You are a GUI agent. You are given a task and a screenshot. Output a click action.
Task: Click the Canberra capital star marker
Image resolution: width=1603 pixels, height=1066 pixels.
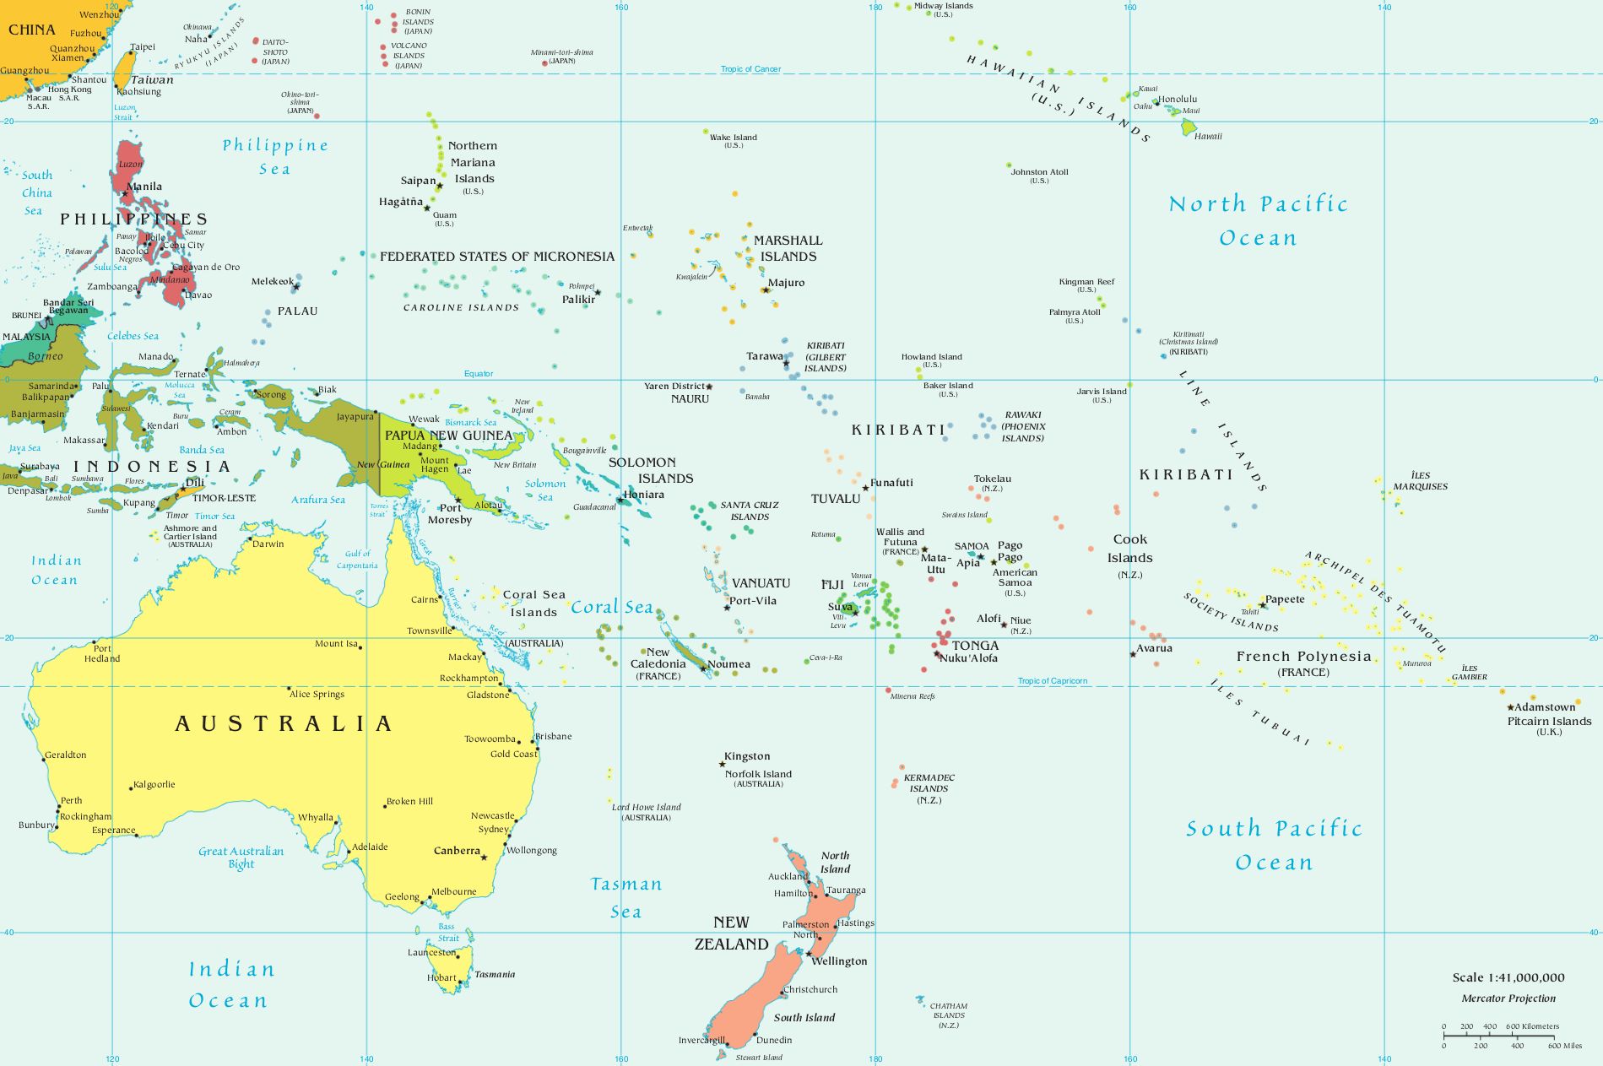[485, 858]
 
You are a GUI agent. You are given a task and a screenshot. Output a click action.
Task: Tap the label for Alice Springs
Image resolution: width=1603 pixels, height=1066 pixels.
[317, 694]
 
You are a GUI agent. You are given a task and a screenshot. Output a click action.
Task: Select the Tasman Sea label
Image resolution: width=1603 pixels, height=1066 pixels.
[625, 897]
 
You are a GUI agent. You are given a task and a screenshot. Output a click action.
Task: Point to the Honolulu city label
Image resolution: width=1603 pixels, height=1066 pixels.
[1178, 99]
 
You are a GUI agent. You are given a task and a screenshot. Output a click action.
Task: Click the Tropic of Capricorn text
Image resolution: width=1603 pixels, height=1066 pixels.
[1052, 680]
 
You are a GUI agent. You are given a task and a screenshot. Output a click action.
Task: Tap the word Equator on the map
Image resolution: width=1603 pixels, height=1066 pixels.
[479, 373]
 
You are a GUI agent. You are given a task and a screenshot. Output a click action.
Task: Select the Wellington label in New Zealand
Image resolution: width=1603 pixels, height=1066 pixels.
[839, 960]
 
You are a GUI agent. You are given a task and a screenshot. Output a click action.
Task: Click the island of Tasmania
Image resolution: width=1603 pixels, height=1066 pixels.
[443, 962]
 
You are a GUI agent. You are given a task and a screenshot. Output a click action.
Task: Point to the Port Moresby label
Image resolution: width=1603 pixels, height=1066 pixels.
[449, 513]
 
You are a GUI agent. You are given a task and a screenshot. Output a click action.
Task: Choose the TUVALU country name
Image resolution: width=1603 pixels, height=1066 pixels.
[835, 499]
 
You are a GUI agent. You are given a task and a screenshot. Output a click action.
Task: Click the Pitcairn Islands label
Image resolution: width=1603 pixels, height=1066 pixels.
[1549, 721]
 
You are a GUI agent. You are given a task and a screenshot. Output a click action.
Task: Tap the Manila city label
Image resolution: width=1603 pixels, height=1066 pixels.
[144, 187]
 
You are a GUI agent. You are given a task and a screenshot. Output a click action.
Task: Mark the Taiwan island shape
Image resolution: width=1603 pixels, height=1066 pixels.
[124, 70]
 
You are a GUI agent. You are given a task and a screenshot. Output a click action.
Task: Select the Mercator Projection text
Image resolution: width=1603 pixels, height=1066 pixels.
[1508, 998]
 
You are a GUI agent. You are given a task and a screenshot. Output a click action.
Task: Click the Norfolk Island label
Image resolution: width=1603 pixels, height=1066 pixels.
[758, 774]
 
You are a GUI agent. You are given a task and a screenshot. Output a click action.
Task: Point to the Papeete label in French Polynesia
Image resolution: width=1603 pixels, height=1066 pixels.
[1285, 599]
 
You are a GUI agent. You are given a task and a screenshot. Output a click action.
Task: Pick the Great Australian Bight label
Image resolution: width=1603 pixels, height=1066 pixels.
[241, 857]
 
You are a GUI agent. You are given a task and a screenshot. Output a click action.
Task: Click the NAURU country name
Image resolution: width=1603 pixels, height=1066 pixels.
[690, 398]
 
